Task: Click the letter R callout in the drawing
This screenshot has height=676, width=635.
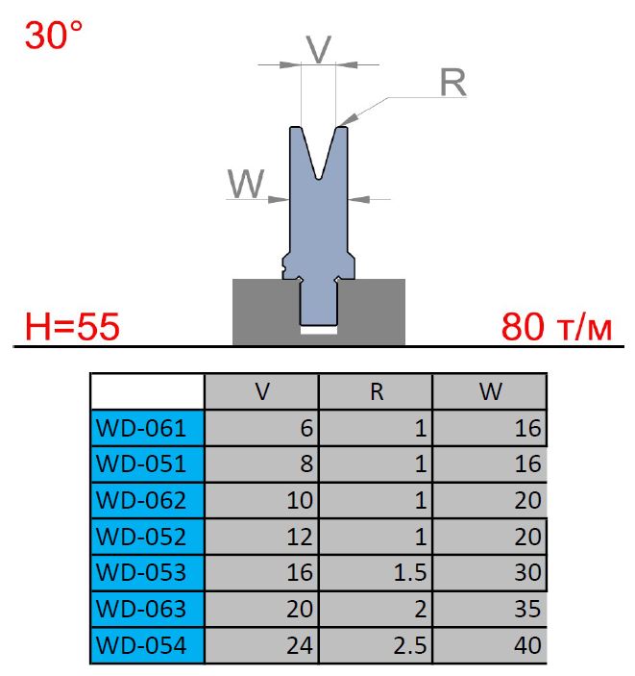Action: pos(452,84)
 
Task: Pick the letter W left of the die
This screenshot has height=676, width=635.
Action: pos(246,183)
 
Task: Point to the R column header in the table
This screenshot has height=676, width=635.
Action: pos(376,391)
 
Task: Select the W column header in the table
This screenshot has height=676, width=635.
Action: pos(489,391)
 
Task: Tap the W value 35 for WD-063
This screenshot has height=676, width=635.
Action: pos(527,610)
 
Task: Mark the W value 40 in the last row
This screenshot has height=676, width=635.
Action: pos(527,645)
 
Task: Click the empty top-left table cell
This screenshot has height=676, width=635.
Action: pos(146,391)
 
